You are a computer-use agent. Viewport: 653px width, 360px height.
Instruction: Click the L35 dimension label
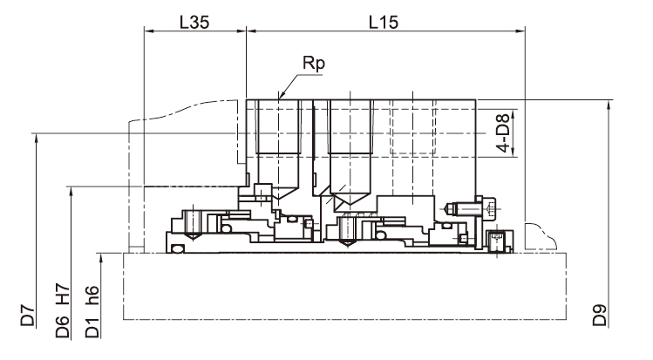coord(194,22)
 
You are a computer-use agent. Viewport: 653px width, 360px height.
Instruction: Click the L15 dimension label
coord(384,22)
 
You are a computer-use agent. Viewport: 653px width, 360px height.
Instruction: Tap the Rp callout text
coord(314,64)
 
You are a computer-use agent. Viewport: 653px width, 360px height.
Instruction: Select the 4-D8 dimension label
coord(503,132)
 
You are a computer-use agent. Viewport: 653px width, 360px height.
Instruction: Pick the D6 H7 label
coord(63,310)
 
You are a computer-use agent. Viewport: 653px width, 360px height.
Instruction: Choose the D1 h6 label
coord(92,311)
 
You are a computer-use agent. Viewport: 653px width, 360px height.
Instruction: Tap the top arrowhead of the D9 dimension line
coord(609,105)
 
